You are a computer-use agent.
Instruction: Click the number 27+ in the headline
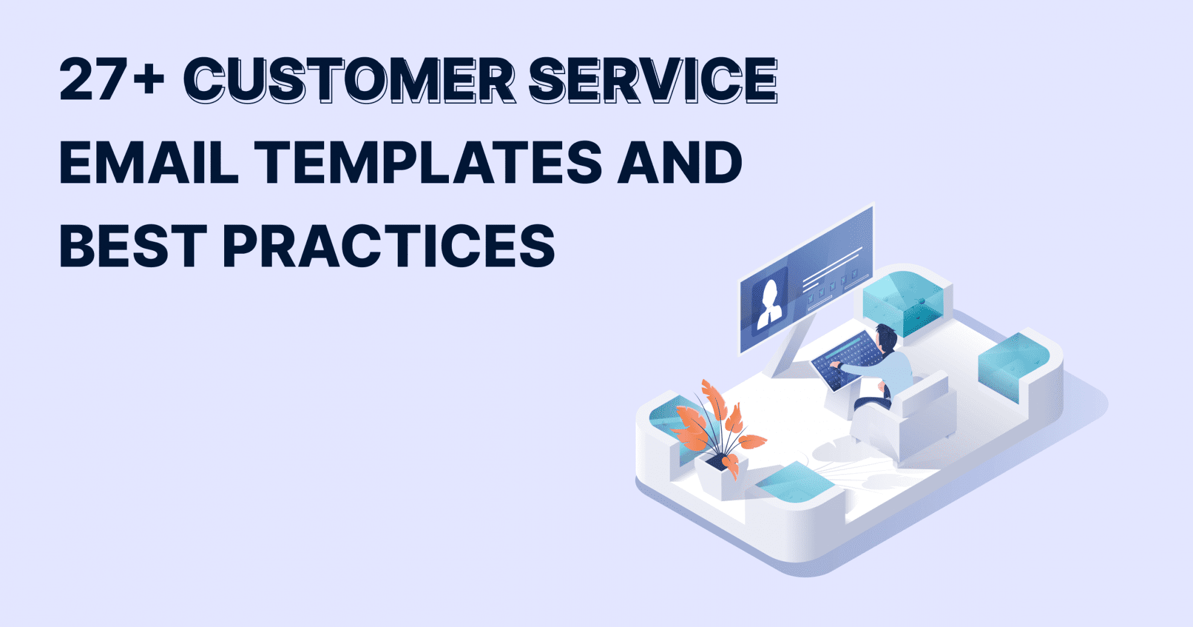[111, 80]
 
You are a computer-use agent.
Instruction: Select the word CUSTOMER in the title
[349, 80]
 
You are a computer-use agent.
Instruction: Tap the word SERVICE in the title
[653, 80]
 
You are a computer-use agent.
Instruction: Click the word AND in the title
[680, 162]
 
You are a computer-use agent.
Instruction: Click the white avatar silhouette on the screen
[769, 305]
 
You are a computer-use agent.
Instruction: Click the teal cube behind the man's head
[904, 301]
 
